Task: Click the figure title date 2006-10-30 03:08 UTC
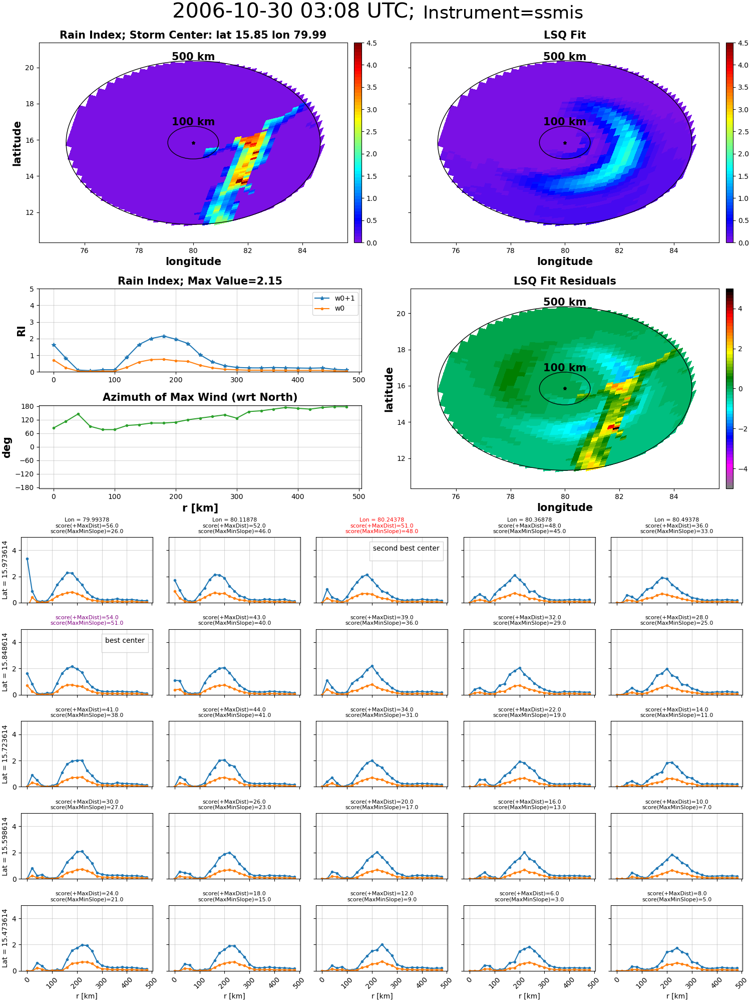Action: tap(293, 12)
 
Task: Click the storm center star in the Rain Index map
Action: tap(193, 143)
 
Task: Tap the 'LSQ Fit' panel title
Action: tap(565, 35)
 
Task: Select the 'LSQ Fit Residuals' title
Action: tap(565, 281)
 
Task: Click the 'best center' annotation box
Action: tap(125, 640)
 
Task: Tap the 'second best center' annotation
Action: tap(406, 548)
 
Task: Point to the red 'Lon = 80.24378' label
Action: tap(382, 520)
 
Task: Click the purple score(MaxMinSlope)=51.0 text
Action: tap(87, 623)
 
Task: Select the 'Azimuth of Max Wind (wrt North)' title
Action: tap(200, 397)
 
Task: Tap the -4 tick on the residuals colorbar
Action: tap(740, 469)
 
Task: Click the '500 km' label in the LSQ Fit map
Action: tap(565, 57)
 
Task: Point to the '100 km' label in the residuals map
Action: tap(565, 368)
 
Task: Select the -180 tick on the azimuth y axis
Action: tap(28, 487)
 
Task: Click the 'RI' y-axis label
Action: tap(21, 331)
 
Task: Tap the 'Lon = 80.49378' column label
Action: tap(676, 520)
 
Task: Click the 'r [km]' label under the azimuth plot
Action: tap(200, 508)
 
